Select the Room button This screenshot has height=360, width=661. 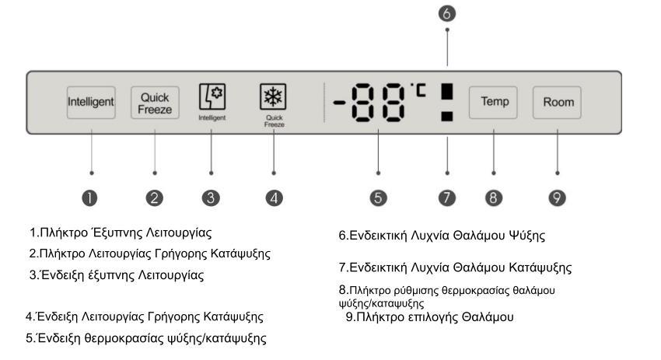(x=558, y=102)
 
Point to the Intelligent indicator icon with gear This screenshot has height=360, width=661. (x=211, y=98)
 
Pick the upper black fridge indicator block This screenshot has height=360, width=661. (x=447, y=90)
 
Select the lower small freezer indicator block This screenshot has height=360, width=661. (x=447, y=117)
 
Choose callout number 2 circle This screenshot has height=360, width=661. (x=155, y=197)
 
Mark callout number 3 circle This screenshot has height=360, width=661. (x=211, y=197)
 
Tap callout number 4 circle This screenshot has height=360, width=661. (x=274, y=197)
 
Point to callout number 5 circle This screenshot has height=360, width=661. (x=379, y=197)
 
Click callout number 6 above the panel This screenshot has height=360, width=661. (x=447, y=13)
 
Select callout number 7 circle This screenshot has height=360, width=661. (x=447, y=197)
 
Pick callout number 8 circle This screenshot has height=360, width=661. (x=494, y=197)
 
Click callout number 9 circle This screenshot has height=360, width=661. (x=558, y=197)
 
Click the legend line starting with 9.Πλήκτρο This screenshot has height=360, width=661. (x=429, y=317)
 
